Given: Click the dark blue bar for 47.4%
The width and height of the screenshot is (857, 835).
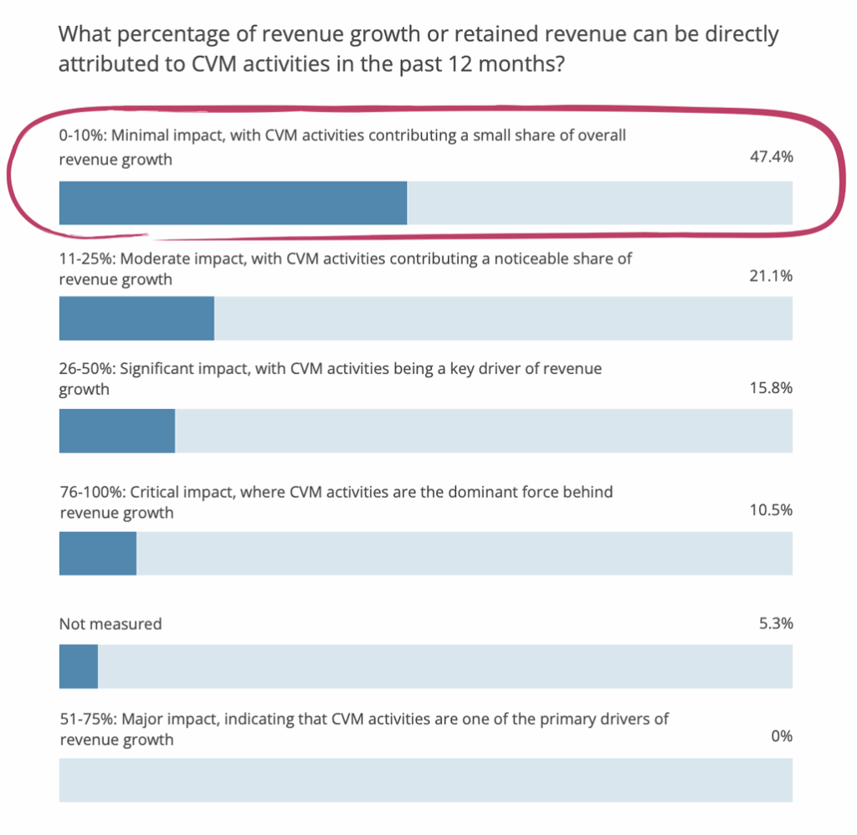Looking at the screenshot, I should [x=233, y=202].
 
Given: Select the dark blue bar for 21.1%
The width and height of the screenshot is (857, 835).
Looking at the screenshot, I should [x=136, y=318].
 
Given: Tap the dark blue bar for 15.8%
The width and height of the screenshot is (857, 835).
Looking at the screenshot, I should [x=116, y=431].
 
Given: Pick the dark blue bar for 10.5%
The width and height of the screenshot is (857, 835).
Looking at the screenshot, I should [x=97, y=553].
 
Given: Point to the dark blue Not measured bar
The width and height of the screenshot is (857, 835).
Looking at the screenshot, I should [x=78, y=666].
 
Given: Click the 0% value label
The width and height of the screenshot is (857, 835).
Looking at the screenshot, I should [x=782, y=736].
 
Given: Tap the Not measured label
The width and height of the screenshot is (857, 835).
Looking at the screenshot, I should [x=110, y=623].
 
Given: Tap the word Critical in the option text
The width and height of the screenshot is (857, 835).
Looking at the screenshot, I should [x=158, y=492].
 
